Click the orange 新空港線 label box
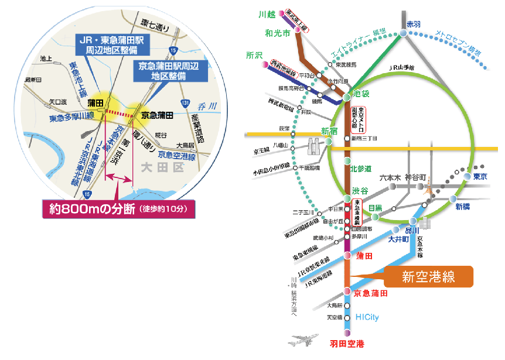(428, 277)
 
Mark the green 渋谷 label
(360, 191)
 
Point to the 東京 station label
(480, 176)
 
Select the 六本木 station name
(389, 177)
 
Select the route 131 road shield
(185, 104)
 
